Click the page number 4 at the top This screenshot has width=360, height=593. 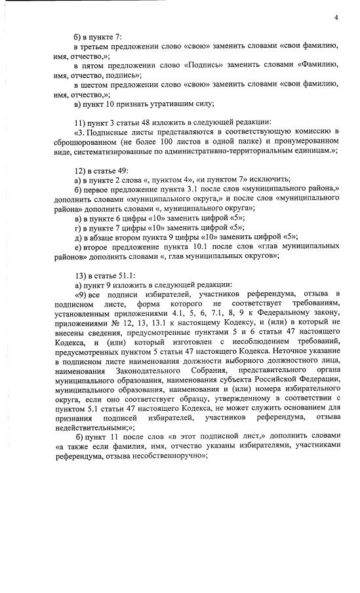334,18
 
